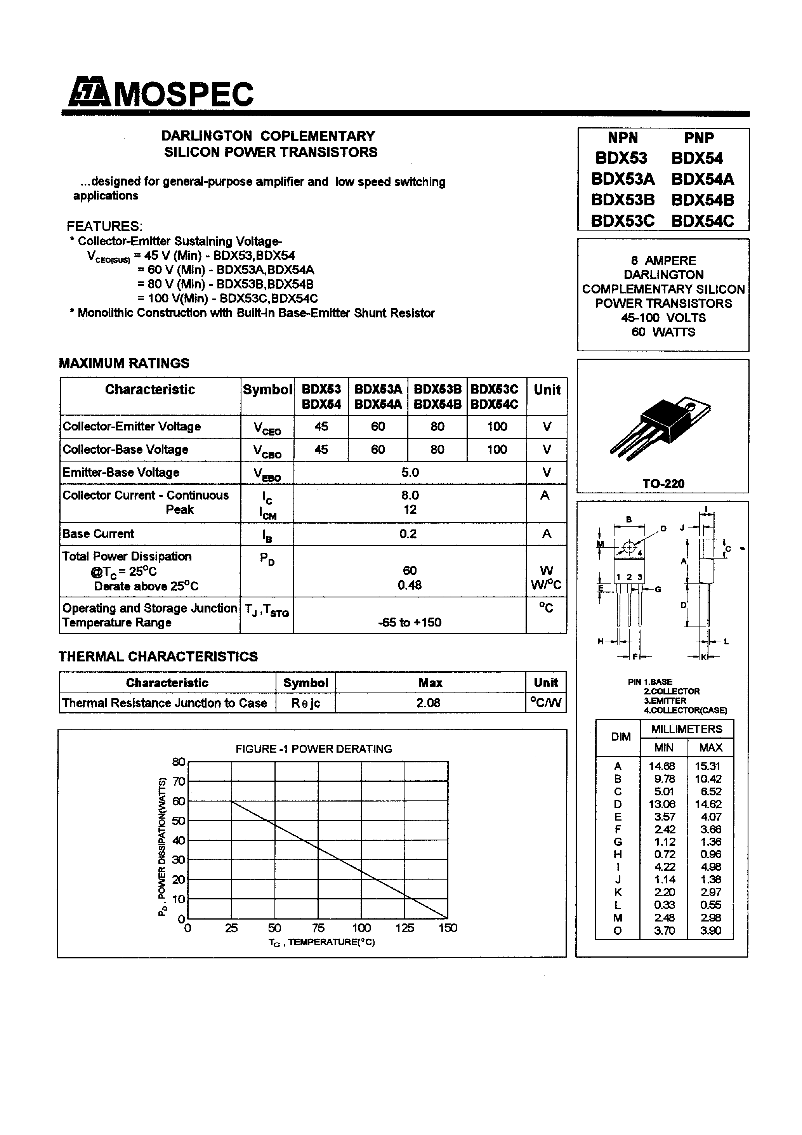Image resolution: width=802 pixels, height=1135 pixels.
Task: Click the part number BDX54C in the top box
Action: pyautogui.click(x=703, y=220)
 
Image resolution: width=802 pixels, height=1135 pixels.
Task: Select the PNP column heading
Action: pyautogui.click(x=699, y=138)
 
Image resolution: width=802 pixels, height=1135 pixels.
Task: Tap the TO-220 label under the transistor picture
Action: pyautogui.click(x=663, y=484)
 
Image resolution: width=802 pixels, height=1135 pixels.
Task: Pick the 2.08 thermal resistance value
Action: pyautogui.click(x=428, y=703)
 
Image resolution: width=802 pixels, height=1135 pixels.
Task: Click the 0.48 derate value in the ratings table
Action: pyautogui.click(x=410, y=585)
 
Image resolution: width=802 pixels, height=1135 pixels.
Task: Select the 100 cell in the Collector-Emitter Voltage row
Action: pyautogui.click(x=496, y=427)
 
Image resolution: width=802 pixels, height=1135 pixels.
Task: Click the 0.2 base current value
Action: pyautogui.click(x=408, y=534)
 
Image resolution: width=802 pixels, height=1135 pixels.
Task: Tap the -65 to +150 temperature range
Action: pyautogui.click(x=410, y=622)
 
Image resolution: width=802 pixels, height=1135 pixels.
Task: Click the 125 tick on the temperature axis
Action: pyautogui.click(x=404, y=928)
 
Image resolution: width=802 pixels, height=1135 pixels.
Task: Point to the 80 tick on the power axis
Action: pyautogui.click(x=179, y=762)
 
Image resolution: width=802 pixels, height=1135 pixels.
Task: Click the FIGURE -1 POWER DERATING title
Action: pyautogui.click(x=314, y=749)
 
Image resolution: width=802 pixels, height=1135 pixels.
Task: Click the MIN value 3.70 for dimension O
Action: pyautogui.click(x=663, y=930)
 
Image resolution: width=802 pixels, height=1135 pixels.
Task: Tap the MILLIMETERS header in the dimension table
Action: pyautogui.click(x=686, y=729)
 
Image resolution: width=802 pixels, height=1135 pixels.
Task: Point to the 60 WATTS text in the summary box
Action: pyautogui.click(x=663, y=332)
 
